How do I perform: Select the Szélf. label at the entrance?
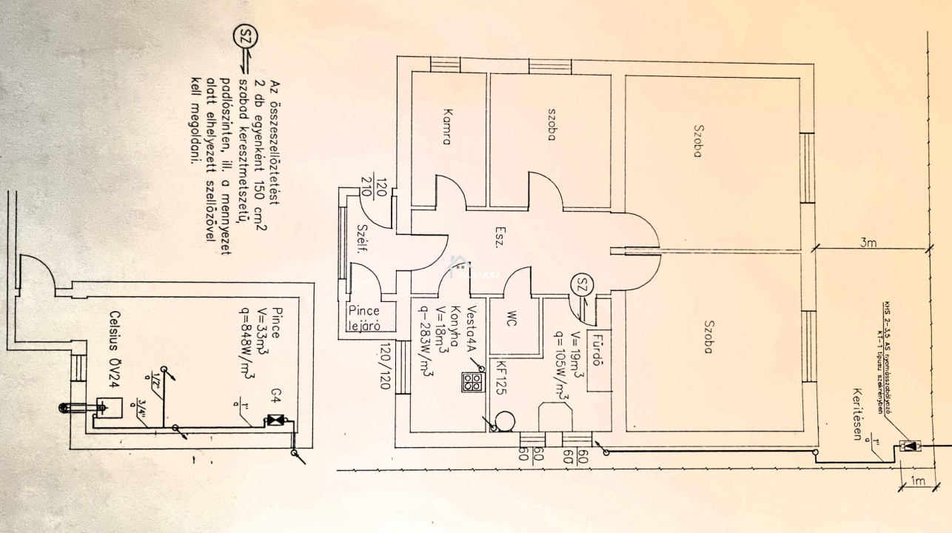point(362,241)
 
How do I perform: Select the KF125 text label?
point(501,383)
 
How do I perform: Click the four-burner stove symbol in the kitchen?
point(473,382)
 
